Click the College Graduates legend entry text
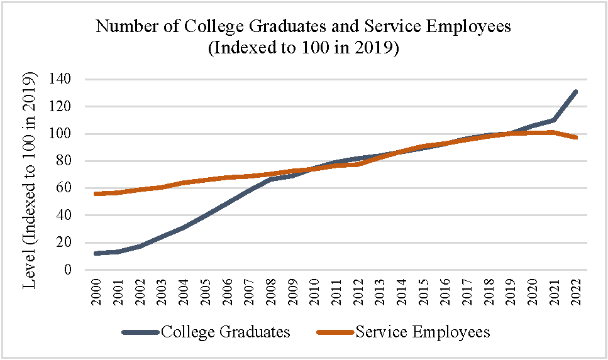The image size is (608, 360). pos(226,332)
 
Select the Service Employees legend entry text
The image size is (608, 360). pos(423,332)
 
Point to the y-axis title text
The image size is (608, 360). pos(30,180)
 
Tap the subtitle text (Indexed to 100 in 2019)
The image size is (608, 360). pos(304,48)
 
